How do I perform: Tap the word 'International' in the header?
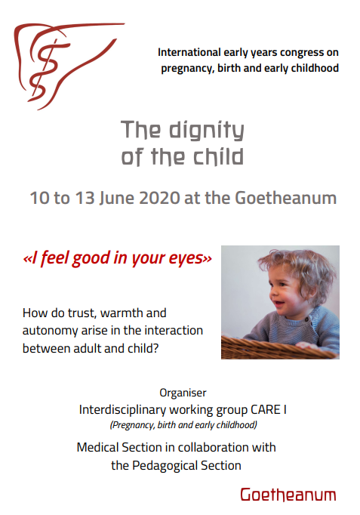click(189, 52)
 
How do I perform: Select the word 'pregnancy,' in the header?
click(188, 69)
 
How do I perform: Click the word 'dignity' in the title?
click(207, 131)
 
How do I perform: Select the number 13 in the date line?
click(85, 198)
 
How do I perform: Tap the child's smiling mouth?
click(279, 304)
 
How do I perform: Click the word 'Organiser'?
click(183, 393)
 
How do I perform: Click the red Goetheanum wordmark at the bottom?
click(288, 495)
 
